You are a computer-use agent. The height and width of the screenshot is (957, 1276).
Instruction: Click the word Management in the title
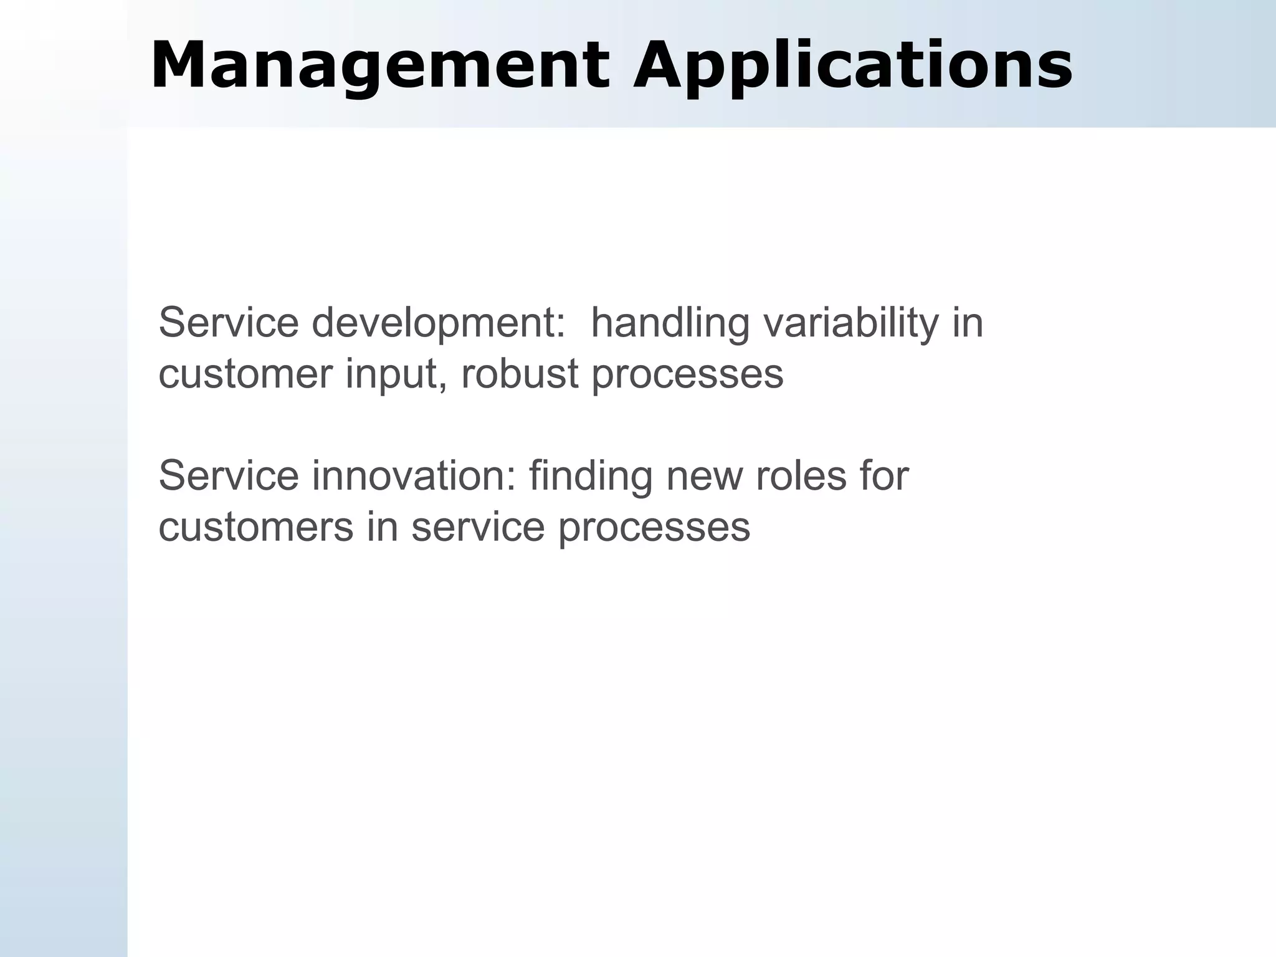(x=379, y=65)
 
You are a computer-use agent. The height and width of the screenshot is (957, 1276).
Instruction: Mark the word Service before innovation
(x=229, y=476)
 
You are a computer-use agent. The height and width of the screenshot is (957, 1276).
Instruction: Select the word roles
(x=801, y=476)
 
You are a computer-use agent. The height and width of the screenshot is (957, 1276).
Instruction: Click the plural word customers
(x=256, y=527)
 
